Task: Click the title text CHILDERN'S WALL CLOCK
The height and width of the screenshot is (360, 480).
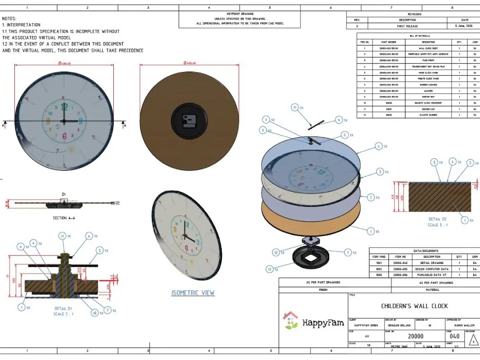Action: coord(414,306)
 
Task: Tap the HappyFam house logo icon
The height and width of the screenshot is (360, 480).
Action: coord(290,321)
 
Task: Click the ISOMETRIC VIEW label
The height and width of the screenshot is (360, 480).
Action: coord(193,293)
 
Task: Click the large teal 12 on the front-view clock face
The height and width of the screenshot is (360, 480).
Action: coord(65,107)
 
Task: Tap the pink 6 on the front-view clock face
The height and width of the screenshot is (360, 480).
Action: coord(65,135)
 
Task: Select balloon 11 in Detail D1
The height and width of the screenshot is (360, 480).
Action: coord(62,236)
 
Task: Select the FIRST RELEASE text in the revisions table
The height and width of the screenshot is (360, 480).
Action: coord(408,26)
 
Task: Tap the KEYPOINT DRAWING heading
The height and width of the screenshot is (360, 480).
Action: coord(240,14)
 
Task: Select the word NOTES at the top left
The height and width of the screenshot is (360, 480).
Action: coord(10,18)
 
